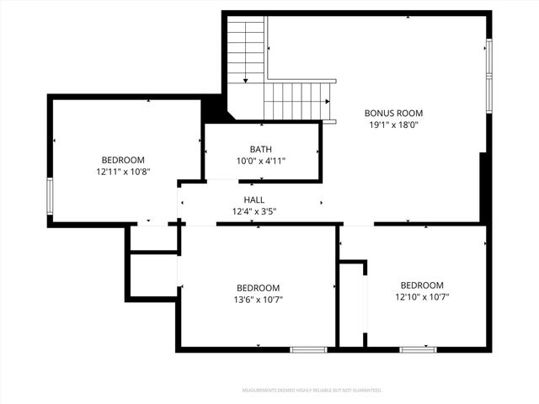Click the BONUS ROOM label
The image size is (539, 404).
coord(393,113)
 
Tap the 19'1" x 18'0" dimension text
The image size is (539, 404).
coord(393,125)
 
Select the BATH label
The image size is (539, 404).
coord(260,149)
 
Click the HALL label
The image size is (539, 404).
coord(254,199)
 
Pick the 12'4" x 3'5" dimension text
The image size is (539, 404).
coord(254,211)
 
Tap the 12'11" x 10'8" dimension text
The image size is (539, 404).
coord(123,172)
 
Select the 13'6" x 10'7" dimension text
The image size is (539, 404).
coord(258,299)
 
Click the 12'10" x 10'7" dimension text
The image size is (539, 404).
coord(421,296)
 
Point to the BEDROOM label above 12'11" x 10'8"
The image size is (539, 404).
coord(123,160)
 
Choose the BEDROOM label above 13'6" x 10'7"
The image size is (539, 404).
coord(258,287)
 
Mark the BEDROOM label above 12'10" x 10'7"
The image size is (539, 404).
coord(421,284)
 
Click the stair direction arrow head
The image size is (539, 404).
coord(246,80)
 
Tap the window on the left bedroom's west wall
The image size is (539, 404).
coord(51,195)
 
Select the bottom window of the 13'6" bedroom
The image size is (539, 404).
coord(308,348)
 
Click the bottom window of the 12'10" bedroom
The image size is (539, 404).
coord(418,348)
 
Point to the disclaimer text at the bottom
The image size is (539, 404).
coord(312,391)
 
